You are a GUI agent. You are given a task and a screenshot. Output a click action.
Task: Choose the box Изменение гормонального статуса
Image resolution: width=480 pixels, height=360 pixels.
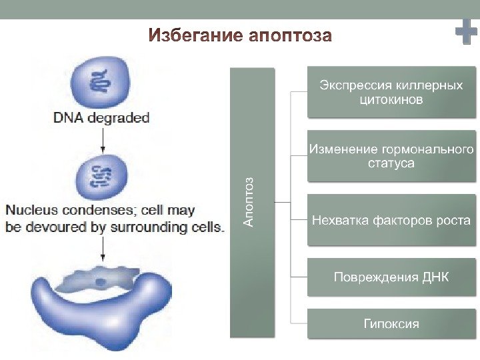[x=391, y=156]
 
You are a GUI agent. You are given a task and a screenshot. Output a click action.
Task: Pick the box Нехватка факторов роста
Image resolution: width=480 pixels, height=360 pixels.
[x=391, y=220]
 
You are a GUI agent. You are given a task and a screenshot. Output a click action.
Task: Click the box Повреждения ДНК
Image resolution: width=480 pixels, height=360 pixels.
[x=391, y=277]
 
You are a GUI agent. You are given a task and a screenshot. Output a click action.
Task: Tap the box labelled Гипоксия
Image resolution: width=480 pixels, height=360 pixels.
[x=391, y=324]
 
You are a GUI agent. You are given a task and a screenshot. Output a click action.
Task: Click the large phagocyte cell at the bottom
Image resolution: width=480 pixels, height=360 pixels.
[x=100, y=313]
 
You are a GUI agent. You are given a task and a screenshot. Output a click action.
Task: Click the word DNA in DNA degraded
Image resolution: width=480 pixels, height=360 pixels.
[x=67, y=119]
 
